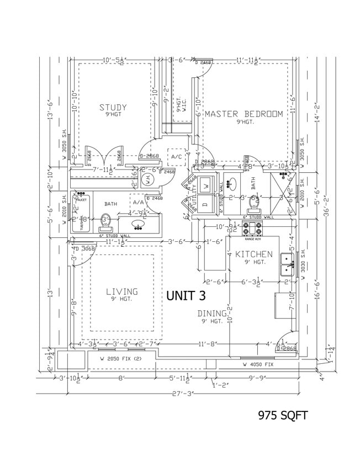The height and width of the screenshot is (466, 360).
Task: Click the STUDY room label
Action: tap(113, 108)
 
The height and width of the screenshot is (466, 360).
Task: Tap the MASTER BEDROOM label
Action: tap(243, 114)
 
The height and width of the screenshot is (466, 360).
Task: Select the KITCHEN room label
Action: tap(253, 255)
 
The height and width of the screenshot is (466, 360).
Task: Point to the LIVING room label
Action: tap(122, 292)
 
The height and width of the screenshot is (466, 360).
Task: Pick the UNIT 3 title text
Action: tap(188, 295)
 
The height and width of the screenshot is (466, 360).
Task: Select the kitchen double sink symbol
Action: tap(287, 264)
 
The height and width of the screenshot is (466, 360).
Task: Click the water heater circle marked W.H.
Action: tap(147, 179)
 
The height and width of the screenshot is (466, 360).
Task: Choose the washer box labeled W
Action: tap(205, 185)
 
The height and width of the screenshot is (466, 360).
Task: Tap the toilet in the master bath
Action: tap(255, 204)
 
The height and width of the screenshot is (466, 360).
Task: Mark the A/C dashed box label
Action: tap(177, 157)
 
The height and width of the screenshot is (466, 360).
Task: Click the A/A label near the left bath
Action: tap(138, 203)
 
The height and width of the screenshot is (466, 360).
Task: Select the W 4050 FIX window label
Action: tap(258, 365)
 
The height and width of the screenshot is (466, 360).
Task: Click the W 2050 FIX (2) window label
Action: tap(120, 359)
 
